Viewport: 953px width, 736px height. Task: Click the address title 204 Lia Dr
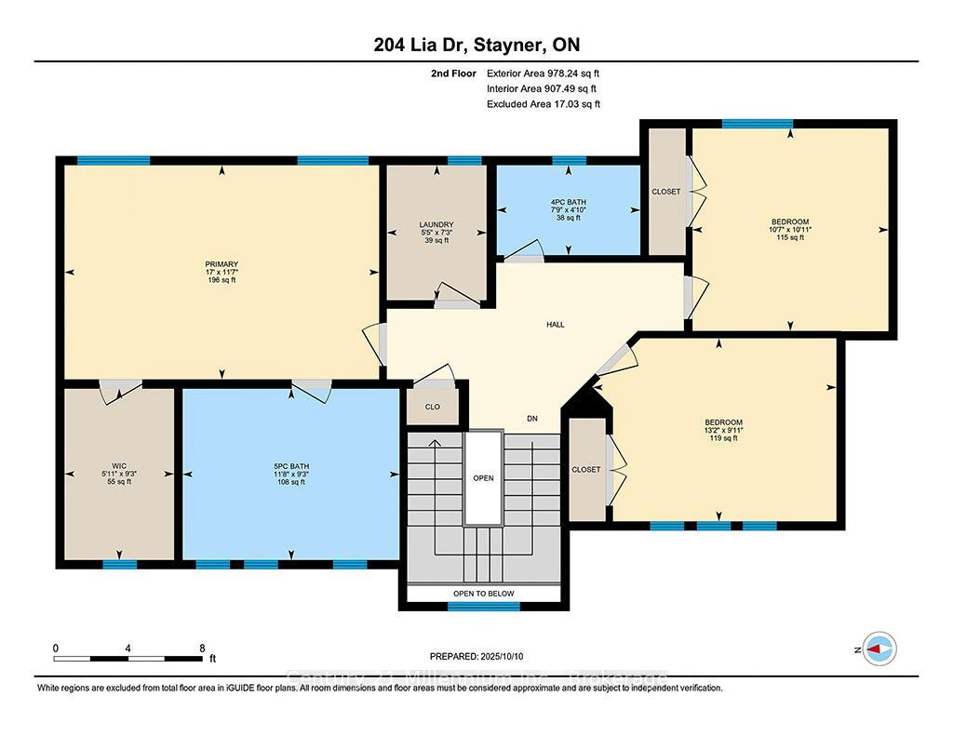[476, 45]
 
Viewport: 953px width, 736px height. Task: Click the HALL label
[556, 325]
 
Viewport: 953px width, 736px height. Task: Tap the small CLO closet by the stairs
[432, 407]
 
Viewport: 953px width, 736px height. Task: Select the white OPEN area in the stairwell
[483, 478]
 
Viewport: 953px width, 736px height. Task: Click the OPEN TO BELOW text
[483, 594]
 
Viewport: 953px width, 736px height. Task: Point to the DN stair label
[532, 419]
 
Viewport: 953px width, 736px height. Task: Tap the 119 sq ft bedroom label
[723, 430]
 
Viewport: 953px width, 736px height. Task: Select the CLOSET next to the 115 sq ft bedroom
[666, 192]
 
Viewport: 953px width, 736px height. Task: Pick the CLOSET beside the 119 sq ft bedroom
[586, 470]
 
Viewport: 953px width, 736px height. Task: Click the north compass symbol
[879, 649]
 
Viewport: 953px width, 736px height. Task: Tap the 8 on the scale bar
[202, 648]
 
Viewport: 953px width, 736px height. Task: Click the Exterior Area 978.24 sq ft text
[536, 73]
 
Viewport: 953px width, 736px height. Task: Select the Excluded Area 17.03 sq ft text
[543, 104]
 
